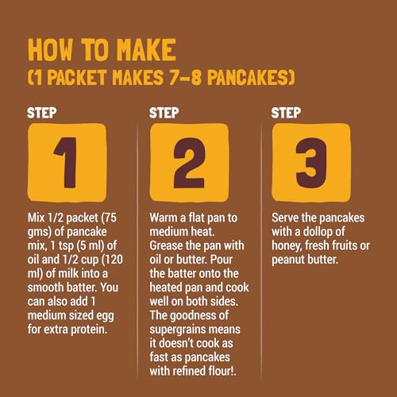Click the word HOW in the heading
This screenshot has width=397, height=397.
[x=50, y=49]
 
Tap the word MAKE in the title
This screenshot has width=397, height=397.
[x=146, y=49]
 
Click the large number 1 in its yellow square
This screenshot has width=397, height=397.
[x=66, y=163]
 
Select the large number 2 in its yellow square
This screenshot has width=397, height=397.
[x=189, y=163]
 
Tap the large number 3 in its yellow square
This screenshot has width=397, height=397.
[x=311, y=163]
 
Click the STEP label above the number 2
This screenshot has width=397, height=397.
[x=164, y=113]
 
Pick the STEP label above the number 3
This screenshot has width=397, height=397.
[x=286, y=113]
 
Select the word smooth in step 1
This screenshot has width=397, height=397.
[x=43, y=287]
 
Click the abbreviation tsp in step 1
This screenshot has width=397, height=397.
[x=66, y=246]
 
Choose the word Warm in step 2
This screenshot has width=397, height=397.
[x=164, y=218]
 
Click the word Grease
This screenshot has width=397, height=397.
[x=166, y=245]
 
